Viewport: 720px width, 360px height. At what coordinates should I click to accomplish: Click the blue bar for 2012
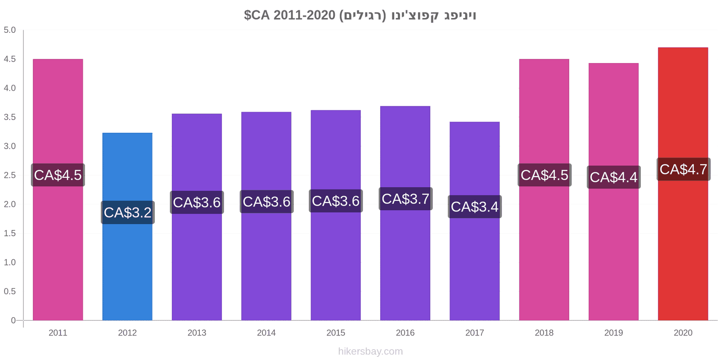point(127,226)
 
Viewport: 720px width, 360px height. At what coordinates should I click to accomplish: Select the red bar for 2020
point(683,184)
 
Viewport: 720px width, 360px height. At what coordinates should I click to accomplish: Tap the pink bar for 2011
point(58,189)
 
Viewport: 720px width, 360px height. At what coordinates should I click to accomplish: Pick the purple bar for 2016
point(405,213)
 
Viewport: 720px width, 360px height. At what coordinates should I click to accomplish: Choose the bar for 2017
point(474,221)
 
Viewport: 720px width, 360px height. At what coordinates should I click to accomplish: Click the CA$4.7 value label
point(684,169)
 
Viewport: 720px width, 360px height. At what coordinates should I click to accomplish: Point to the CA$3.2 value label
point(128,212)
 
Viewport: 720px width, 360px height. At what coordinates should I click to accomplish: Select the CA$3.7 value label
point(405,198)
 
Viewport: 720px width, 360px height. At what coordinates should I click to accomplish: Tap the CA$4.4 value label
point(614,177)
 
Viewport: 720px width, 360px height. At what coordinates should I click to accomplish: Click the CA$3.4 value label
point(475,207)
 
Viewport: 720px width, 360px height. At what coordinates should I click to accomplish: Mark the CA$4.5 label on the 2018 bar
point(544,175)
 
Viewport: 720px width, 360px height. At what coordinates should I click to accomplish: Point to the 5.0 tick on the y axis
point(9,30)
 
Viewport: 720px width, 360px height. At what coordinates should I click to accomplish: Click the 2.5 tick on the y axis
point(9,175)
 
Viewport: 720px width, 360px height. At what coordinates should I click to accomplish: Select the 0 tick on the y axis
point(13,320)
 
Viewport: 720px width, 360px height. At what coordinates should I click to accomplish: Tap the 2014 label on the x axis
point(266,333)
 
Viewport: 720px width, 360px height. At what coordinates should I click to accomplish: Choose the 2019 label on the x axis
point(613,333)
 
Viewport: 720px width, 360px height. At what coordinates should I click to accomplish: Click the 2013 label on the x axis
point(197,333)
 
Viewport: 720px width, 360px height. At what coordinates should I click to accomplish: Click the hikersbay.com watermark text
point(370,351)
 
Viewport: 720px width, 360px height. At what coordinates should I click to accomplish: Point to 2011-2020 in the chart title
point(304,15)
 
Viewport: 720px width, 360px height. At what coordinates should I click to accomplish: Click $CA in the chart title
point(257,15)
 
